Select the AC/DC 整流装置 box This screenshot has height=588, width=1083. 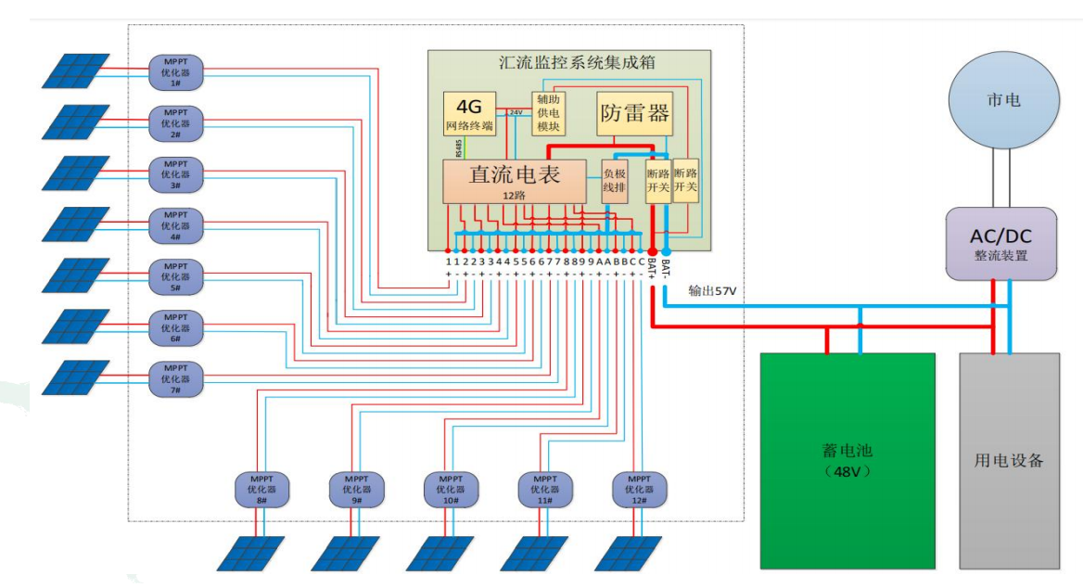click(x=1000, y=244)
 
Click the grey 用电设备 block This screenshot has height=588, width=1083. click(x=1009, y=460)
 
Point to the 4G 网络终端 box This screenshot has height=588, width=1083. click(x=470, y=114)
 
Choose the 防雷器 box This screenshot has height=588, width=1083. click(x=634, y=114)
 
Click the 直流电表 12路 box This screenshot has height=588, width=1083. click(x=515, y=181)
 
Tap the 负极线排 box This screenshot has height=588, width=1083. click(x=615, y=180)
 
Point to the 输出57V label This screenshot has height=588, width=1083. click(x=712, y=290)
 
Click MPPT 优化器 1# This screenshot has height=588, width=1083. click(x=175, y=70)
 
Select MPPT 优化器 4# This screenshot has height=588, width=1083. click(x=175, y=224)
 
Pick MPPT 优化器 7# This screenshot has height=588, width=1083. click(x=175, y=378)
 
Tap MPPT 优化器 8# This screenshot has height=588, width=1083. click(x=261, y=489)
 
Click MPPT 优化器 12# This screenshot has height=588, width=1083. click(x=639, y=489)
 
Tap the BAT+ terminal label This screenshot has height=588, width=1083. click(x=653, y=268)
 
